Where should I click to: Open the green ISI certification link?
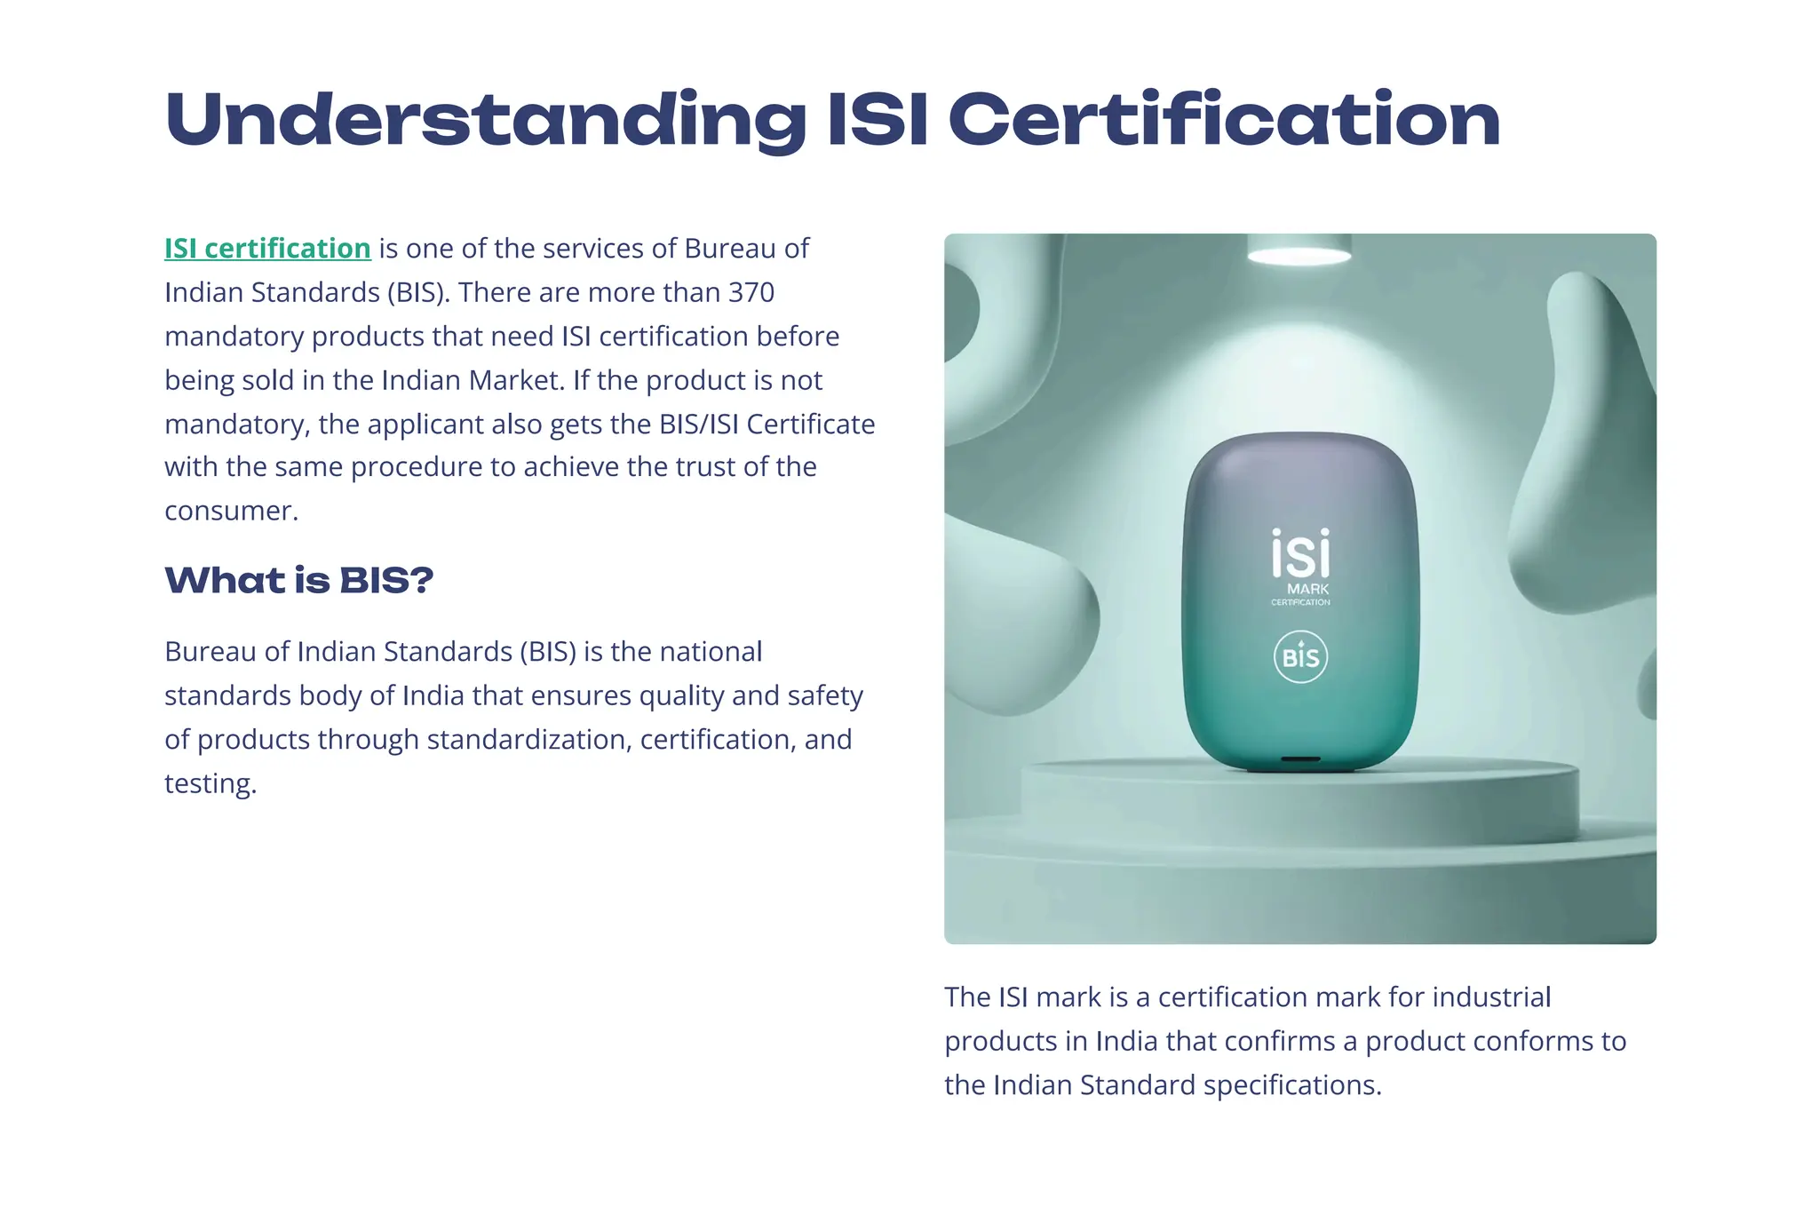click(x=267, y=249)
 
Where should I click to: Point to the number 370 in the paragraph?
click(x=751, y=292)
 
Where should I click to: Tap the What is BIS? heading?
click(x=299, y=580)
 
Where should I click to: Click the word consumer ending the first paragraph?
click(x=230, y=511)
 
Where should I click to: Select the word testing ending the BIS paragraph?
click(x=210, y=783)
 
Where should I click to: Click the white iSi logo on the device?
click(x=1300, y=554)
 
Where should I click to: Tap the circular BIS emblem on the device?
click(x=1300, y=657)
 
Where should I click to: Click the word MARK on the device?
click(x=1307, y=589)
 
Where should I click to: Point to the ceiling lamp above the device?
click(x=1299, y=254)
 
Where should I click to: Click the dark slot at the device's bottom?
click(x=1300, y=760)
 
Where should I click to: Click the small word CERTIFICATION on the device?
click(x=1300, y=602)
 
